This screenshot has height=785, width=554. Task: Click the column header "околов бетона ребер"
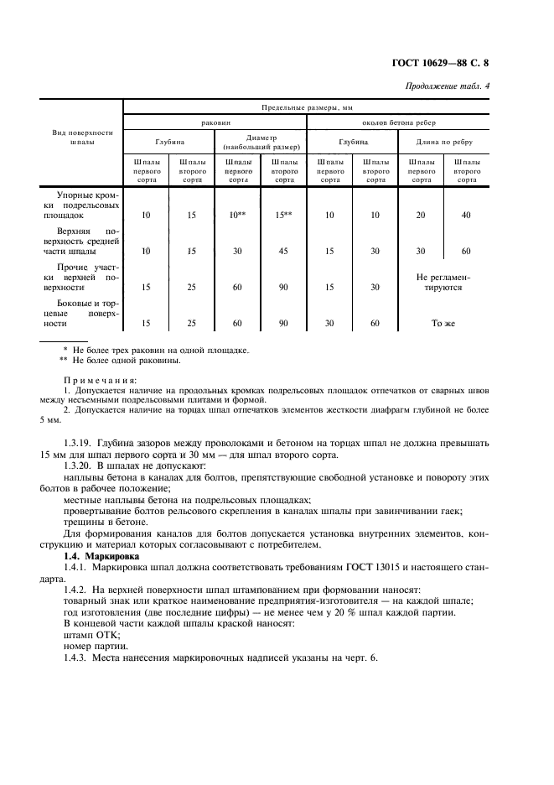[397, 122]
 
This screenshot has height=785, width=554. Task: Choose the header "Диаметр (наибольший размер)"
[261, 143]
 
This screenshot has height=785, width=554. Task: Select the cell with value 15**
[284, 216]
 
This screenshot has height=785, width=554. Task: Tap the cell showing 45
[284, 251]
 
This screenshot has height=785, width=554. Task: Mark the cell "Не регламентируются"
[443, 281]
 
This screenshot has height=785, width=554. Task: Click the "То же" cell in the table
[443, 323]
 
